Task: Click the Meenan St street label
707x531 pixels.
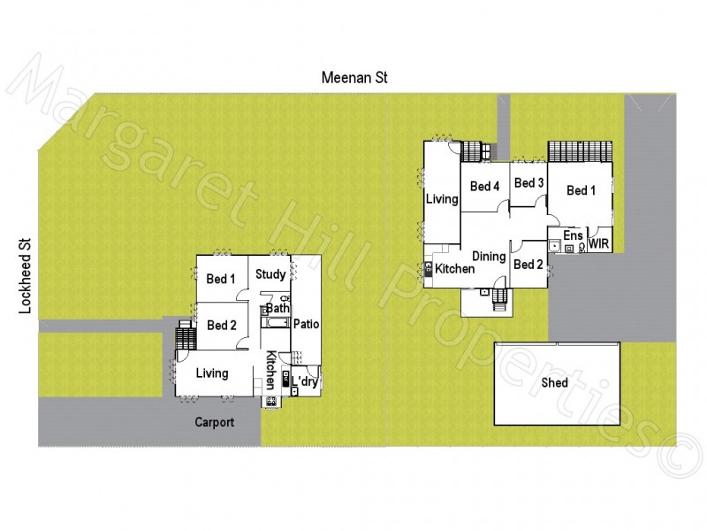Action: [x=353, y=79]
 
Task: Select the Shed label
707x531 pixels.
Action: [x=554, y=383]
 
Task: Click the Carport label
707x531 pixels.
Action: [x=215, y=422]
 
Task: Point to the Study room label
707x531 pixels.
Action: [x=270, y=274]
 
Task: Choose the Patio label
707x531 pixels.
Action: [x=306, y=324]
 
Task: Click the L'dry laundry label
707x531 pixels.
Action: [x=305, y=381]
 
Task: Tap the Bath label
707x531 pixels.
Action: [x=277, y=308]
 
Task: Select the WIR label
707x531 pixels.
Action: [x=598, y=242]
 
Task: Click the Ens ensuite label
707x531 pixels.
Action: [x=573, y=235]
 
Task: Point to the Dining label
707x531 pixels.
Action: [x=489, y=257]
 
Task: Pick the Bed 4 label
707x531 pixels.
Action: [x=485, y=186]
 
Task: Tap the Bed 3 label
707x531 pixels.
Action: [x=528, y=183]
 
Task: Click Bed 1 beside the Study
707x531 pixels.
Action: [x=221, y=279]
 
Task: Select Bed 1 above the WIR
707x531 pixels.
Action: [x=581, y=190]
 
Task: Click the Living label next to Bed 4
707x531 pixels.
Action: [x=442, y=199]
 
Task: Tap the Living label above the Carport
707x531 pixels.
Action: [x=212, y=373]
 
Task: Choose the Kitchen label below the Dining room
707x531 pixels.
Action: [x=455, y=269]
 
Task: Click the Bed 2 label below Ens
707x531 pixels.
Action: [x=528, y=265]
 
